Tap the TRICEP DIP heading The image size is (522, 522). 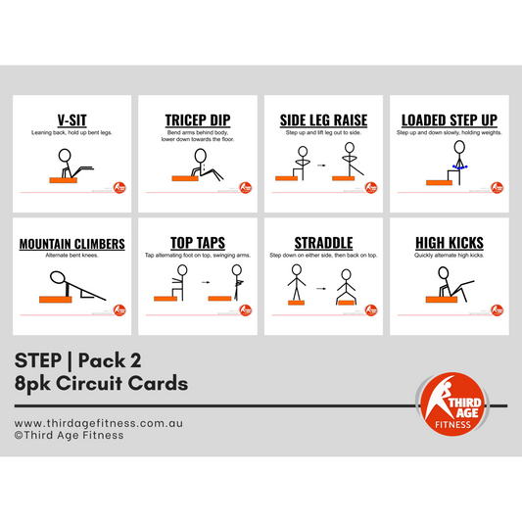(x=197, y=120)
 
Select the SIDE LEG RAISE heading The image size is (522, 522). (x=323, y=120)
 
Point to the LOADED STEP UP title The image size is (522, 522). (x=449, y=120)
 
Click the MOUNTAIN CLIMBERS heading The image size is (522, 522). (x=71, y=244)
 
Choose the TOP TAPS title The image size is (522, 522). (x=197, y=244)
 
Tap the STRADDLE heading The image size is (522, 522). (x=323, y=244)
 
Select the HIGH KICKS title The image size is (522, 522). (x=449, y=244)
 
